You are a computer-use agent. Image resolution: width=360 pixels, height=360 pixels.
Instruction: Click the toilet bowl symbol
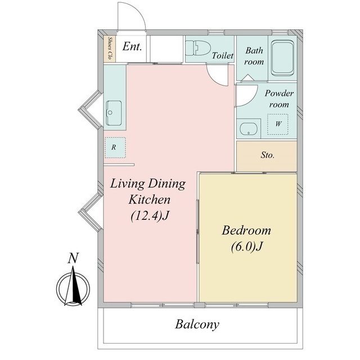[x=198, y=48]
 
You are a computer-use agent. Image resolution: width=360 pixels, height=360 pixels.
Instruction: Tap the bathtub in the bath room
[x=282, y=58]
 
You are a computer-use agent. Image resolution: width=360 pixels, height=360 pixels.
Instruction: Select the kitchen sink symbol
[x=114, y=113]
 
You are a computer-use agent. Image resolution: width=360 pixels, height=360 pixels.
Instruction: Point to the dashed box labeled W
[x=278, y=124]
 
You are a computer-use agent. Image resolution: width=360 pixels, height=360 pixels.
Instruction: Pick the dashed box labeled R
[x=115, y=147]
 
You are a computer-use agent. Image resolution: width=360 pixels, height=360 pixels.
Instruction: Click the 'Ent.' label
[x=132, y=47]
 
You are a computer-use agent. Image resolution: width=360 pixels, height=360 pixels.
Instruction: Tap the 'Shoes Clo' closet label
[x=110, y=48]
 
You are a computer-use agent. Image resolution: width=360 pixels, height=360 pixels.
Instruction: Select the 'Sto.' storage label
[x=268, y=155]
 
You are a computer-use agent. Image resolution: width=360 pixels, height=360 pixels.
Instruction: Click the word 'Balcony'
[x=197, y=325]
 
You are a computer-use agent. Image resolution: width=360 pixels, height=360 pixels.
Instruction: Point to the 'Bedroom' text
[x=246, y=230]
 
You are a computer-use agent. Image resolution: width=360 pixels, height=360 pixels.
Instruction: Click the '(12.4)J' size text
[x=150, y=215]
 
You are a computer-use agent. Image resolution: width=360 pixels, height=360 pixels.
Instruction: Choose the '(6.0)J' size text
[x=246, y=246]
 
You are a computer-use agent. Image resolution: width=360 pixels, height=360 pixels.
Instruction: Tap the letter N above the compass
[x=73, y=258]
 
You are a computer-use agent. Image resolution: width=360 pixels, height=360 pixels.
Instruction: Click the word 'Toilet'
[x=223, y=56]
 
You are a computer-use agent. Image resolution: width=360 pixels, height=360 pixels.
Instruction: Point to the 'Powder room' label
[x=279, y=99]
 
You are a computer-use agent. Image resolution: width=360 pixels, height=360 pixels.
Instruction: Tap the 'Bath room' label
[x=254, y=56]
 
